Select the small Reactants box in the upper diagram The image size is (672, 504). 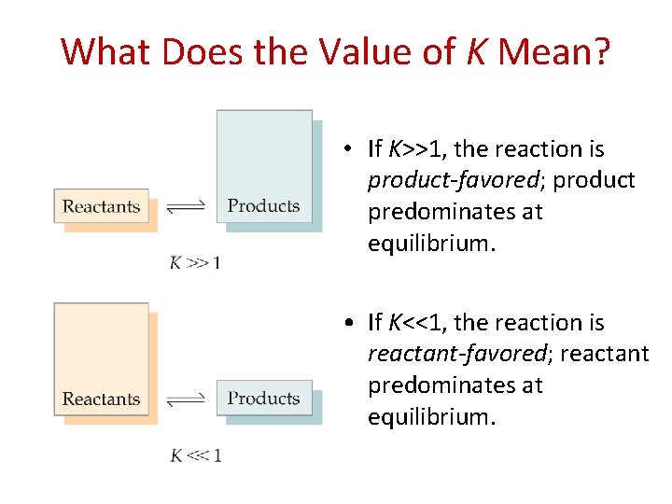click(101, 206)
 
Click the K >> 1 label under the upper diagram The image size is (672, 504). click(195, 262)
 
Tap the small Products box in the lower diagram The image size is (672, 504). click(264, 399)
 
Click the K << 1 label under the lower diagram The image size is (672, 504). click(195, 455)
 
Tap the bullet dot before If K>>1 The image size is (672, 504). click(346, 149)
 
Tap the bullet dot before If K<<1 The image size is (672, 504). click(346, 323)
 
